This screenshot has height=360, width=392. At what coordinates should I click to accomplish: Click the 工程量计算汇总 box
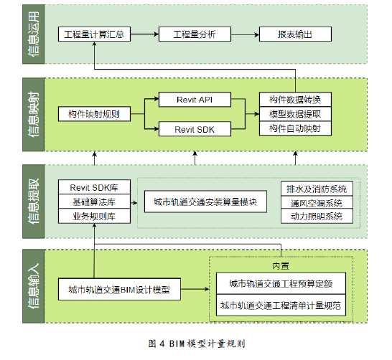[x=94, y=34]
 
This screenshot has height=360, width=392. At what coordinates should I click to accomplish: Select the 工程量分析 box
[x=195, y=34]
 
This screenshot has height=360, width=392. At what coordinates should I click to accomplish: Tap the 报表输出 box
[x=295, y=34]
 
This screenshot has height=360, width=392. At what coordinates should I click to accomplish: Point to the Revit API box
[x=195, y=100]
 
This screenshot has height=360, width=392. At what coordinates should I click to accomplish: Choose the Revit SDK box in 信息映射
[x=195, y=129]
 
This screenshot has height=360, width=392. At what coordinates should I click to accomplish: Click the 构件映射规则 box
[x=94, y=114]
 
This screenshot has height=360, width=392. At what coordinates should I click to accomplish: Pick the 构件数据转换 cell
[x=295, y=100]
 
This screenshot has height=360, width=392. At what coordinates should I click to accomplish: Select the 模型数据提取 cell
[x=295, y=114]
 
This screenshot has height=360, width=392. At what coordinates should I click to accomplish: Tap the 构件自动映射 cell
[x=295, y=128]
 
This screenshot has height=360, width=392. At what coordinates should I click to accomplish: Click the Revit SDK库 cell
[x=94, y=187]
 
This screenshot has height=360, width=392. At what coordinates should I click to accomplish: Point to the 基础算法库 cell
[x=94, y=202]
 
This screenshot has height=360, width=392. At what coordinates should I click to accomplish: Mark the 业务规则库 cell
[x=94, y=216]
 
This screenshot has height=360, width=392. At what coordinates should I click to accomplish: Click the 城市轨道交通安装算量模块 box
[x=205, y=202]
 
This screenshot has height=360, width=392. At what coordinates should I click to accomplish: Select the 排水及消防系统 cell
[x=317, y=189]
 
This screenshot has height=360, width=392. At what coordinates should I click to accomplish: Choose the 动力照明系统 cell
[x=317, y=216]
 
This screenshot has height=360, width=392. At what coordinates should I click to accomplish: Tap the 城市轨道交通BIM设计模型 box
[x=119, y=289]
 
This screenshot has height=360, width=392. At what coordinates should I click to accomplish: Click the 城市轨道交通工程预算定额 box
[x=281, y=283]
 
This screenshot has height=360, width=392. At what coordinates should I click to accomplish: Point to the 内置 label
[x=281, y=266]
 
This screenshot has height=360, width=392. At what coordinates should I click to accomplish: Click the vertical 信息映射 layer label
[x=33, y=114]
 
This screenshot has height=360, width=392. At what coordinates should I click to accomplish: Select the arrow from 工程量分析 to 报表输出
[x=245, y=34]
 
